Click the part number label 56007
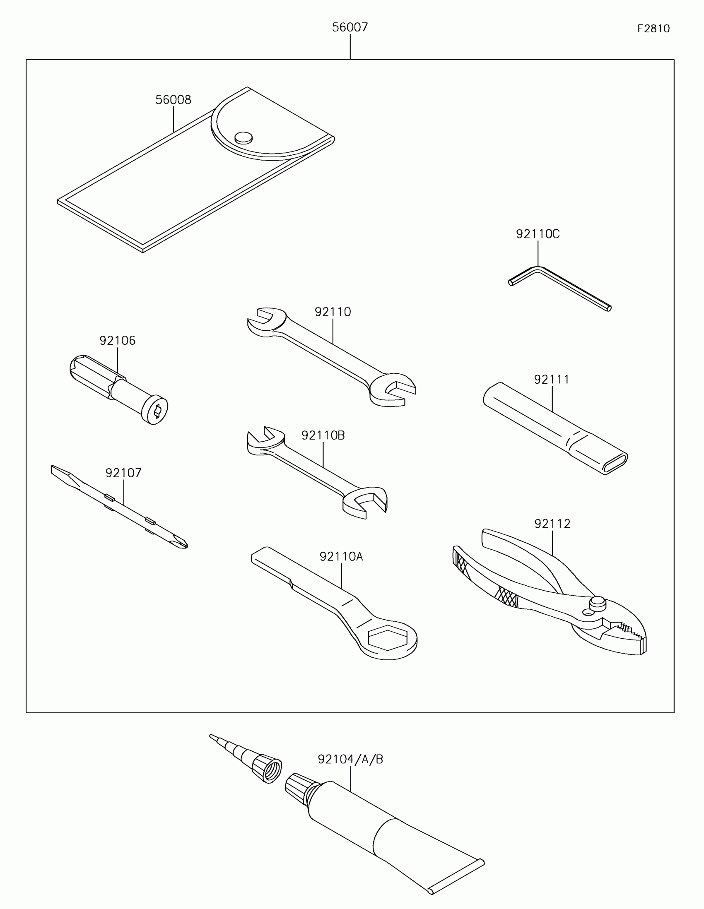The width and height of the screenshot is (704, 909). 350,27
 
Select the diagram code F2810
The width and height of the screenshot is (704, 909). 653,29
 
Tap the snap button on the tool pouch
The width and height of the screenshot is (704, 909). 244,137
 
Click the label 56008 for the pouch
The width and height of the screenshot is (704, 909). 173,100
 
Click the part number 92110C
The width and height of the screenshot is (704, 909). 538,234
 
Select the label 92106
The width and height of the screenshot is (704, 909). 118,341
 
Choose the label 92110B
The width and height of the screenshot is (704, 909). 323,435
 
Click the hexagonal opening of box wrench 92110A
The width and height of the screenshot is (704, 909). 387,637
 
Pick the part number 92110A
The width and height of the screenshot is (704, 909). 341,556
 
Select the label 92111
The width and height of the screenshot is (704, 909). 552,380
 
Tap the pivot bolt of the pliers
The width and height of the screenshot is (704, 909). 598,602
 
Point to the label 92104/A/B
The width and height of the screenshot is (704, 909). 350,760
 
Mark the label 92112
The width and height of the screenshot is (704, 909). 552,524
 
